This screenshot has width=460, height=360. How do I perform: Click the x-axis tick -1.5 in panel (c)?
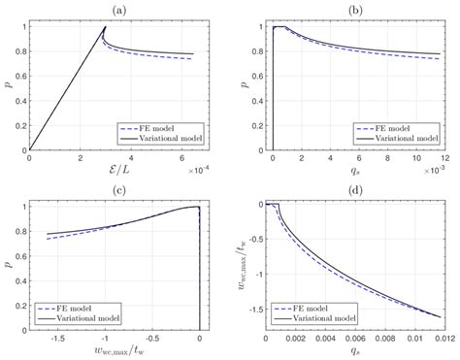point(56,336)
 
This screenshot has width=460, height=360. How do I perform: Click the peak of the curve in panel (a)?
point(105,27)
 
